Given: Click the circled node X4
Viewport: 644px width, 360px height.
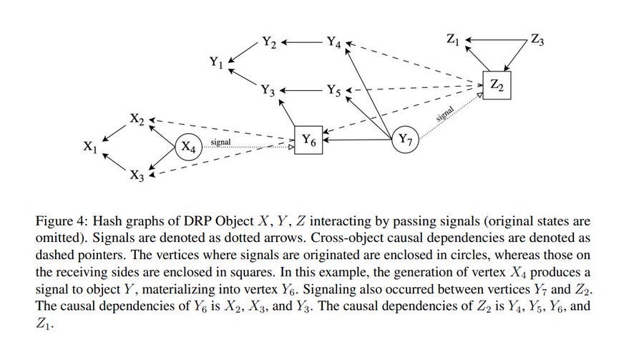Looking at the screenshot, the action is (188, 147).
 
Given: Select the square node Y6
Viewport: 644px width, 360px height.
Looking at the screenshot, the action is (308, 140).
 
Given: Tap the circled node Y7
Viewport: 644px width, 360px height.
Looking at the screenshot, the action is (406, 140).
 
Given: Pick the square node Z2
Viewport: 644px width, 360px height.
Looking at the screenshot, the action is (497, 85).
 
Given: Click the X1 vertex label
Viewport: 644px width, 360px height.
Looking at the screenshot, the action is (90, 147).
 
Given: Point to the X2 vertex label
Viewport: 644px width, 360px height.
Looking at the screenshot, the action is (137, 120).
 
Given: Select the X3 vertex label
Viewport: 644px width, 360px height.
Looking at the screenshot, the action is (137, 175).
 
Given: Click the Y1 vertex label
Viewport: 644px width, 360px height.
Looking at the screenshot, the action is (216, 62).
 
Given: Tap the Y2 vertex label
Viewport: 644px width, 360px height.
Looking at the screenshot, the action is (269, 42).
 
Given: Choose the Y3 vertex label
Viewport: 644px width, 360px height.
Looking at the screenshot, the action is (268, 90).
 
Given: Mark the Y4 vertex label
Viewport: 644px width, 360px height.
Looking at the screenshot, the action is (334, 42).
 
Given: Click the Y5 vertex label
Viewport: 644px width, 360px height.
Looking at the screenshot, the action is (334, 90).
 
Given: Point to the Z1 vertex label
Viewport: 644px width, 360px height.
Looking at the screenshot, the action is (453, 40).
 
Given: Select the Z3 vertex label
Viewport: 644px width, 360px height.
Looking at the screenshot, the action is (537, 40).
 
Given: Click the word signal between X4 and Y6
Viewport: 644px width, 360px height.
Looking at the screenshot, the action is (220, 142).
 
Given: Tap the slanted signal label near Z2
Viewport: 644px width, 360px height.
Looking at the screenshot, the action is (445, 113).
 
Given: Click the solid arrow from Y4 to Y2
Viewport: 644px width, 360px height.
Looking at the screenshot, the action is (302, 42).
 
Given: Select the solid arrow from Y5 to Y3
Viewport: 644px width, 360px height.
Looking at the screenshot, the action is (302, 90).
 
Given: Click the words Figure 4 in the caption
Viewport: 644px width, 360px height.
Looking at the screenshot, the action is (62, 221).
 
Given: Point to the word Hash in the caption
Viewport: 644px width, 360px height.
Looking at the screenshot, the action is (107, 221).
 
